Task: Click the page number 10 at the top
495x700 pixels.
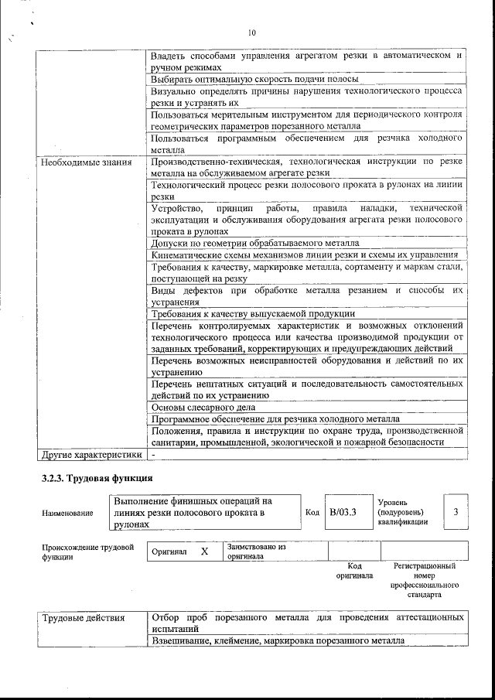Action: pyautogui.click(x=251, y=32)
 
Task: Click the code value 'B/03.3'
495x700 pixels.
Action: pyautogui.click(x=342, y=512)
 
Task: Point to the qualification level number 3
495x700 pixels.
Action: pyautogui.click(x=456, y=512)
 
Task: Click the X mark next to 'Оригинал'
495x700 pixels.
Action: pyautogui.click(x=204, y=551)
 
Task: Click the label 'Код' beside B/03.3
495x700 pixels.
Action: pyautogui.click(x=312, y=512)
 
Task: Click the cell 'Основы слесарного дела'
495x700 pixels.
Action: pyautogui.click(x=203, y=407)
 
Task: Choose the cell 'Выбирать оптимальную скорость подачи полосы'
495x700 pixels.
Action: pyautogui.click(x=254, y=79)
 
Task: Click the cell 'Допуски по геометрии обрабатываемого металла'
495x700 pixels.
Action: pyautogui.click(x=255, y=243)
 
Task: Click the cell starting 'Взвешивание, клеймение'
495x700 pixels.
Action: pyautogui.click(x=278, y=641)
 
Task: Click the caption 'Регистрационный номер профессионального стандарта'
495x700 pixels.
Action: pyautogui.click(x=424, y=581)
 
